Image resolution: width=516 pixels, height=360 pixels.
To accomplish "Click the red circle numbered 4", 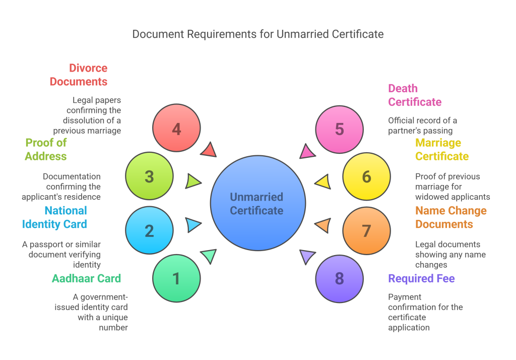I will tap(176, 129).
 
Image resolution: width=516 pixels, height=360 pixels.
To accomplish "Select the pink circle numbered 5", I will tap(339, 129).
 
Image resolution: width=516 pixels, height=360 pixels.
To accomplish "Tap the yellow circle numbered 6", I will tap(366, 176).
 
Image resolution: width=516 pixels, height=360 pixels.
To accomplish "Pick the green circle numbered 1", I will tap(176, 278).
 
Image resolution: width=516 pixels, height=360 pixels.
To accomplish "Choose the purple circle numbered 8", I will tap(339, 278).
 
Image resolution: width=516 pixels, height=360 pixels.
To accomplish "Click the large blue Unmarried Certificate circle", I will tap(257, 203).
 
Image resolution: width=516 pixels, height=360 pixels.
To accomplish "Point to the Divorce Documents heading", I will tap(79, 75).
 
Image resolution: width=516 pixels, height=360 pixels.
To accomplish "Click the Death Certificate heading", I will tap(415, 95).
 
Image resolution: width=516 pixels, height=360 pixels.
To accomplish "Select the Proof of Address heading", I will tap(46, 149).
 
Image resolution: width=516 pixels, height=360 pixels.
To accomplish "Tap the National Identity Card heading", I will tap(54, 217).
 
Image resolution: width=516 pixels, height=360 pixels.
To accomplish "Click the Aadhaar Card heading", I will tap(86, 278).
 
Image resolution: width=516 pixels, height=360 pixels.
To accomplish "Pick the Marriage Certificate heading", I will tap(442, 149).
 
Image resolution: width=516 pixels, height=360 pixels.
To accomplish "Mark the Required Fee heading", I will tap(421, 278).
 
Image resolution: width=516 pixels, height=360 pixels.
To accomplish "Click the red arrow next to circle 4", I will tap(209, 150).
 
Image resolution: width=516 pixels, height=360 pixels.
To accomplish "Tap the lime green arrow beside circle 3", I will tap(193, 181).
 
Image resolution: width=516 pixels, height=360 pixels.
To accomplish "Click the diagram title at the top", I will tap(257, 34).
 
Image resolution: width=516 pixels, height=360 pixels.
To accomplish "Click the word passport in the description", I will tap(46, 245).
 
